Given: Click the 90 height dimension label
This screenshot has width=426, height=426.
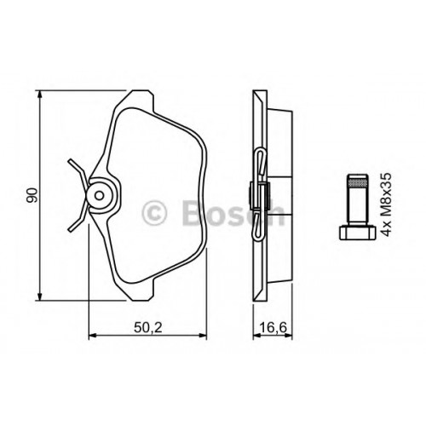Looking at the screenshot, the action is [32, 195].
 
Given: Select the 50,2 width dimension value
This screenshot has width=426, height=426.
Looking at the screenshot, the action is [148, 328].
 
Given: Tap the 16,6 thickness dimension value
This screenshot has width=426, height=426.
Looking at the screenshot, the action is [273, 328].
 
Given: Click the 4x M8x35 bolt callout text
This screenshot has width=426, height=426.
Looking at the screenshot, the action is [387, 204].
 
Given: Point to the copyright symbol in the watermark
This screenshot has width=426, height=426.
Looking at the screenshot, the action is [154, 213].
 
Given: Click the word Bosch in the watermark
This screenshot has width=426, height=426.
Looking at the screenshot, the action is [233, 213].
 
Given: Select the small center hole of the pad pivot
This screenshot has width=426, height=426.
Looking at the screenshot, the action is [100, 195].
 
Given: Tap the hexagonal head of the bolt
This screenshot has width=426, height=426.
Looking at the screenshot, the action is [357, 232].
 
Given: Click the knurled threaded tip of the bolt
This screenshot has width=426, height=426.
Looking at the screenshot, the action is [357, 180].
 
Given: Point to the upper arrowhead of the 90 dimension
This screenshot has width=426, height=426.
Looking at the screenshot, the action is [40, 95].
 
